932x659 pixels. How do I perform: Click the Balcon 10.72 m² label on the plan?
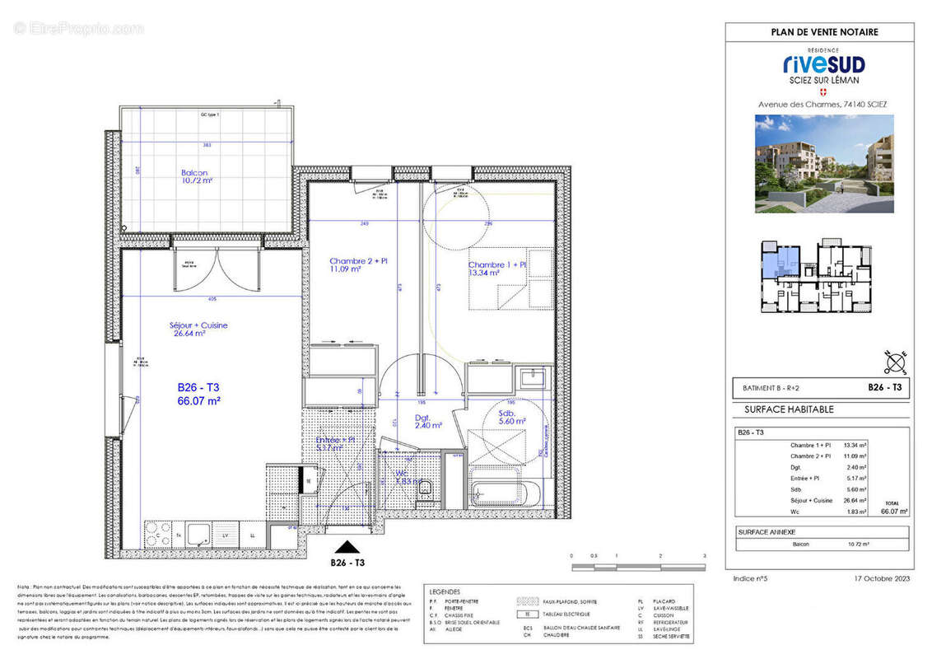197,176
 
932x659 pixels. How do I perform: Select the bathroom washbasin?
533,379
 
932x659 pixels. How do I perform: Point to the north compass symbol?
897,360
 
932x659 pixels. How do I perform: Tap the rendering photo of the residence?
823,163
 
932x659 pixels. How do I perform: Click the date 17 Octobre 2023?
880,579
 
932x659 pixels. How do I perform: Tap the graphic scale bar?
638,567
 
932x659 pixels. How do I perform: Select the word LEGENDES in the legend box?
445,591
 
